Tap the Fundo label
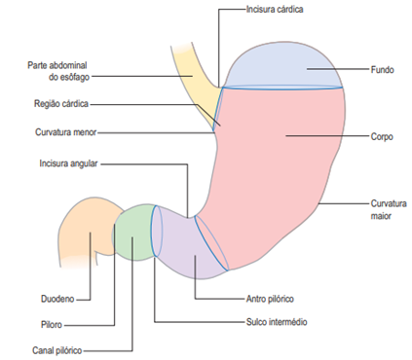point(382,70)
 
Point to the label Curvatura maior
point(385,209)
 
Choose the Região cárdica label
point(61,103)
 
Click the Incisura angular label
point(71,163)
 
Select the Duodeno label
point(56,299)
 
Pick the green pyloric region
point(134,234)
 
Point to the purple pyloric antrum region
point(180,248)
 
